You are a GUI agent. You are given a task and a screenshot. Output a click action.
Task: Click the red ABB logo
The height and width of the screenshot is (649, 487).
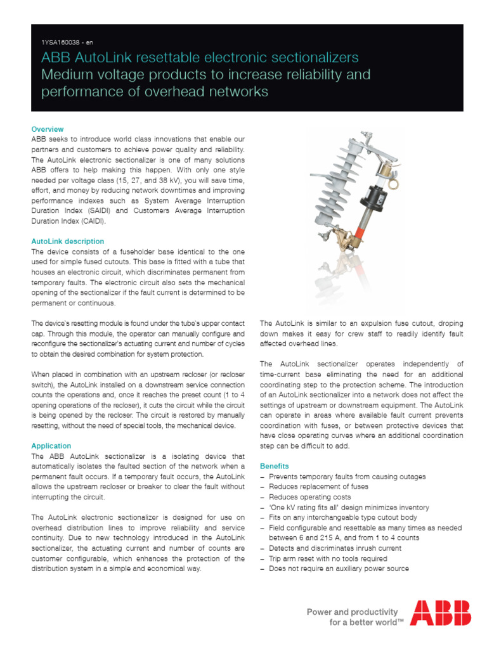440,612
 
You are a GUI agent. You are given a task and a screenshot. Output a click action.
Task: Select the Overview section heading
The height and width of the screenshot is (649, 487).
48,129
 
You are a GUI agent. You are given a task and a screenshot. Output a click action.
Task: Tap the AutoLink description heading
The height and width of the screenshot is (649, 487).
68,241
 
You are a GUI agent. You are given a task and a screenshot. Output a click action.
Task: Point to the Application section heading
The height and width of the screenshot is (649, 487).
51,446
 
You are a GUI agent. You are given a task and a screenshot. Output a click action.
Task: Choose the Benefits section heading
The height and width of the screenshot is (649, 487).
275,466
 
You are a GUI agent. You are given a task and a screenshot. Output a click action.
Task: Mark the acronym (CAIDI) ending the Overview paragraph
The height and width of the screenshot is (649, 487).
93,221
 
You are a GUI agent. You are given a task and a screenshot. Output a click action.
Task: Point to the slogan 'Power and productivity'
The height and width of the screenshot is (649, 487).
353,612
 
